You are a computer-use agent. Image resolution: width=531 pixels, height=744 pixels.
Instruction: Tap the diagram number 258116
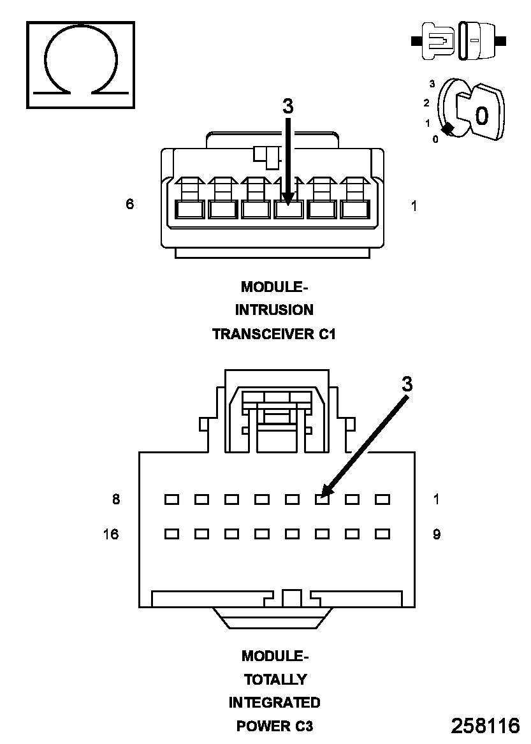tap(485, 726)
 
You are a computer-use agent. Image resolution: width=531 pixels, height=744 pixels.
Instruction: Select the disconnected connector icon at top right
tap(459, 41)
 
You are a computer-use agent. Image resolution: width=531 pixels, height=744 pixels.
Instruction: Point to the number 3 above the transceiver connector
tap(288, 107)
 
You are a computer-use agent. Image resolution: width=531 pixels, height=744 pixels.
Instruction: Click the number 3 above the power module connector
tap(407, 384)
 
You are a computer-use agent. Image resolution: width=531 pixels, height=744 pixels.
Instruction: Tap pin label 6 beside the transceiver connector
tap(130, 205)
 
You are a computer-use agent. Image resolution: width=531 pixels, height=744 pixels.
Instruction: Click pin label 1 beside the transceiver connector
tap(414, 206)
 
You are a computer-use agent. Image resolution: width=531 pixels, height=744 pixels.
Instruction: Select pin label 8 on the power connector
tap(116, 499)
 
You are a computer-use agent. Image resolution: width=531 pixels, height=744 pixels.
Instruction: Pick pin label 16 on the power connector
tap(111, 534)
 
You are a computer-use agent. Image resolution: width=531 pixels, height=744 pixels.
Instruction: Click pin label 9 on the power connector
tap(437, 534)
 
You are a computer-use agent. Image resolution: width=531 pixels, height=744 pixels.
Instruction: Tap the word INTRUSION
tap(274, 310)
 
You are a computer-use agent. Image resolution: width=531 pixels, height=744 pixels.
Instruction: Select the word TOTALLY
tap(275, 680)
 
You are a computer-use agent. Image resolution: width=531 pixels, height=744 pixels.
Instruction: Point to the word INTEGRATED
tap(274, 703)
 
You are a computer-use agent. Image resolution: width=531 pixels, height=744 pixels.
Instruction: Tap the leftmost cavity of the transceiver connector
tap(189, 208)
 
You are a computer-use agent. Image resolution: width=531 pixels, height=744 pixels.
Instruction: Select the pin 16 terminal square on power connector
tap(171, 534)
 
